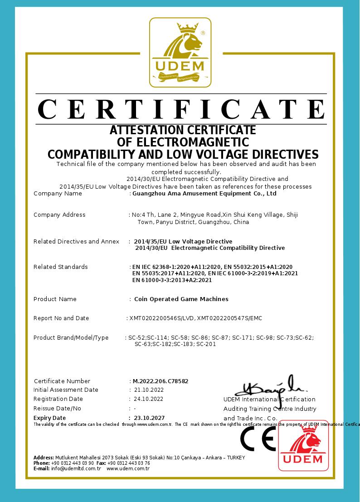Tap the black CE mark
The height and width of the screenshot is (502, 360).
pos(258,439)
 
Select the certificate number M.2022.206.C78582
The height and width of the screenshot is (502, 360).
pos(161,381)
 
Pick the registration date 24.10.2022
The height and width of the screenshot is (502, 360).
pos(149,399)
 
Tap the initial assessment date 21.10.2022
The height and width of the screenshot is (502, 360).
pos(149,390)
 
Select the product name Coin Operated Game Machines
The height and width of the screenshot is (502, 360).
pos(181,299)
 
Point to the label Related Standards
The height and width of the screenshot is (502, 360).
pos(61,267)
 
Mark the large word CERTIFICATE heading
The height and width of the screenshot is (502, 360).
pos(181,109)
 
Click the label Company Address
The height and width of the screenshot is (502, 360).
pos(59,214)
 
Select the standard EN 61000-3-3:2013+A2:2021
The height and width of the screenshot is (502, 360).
pos(172,280)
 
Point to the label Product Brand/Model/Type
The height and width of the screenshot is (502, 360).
pos(71,338)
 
